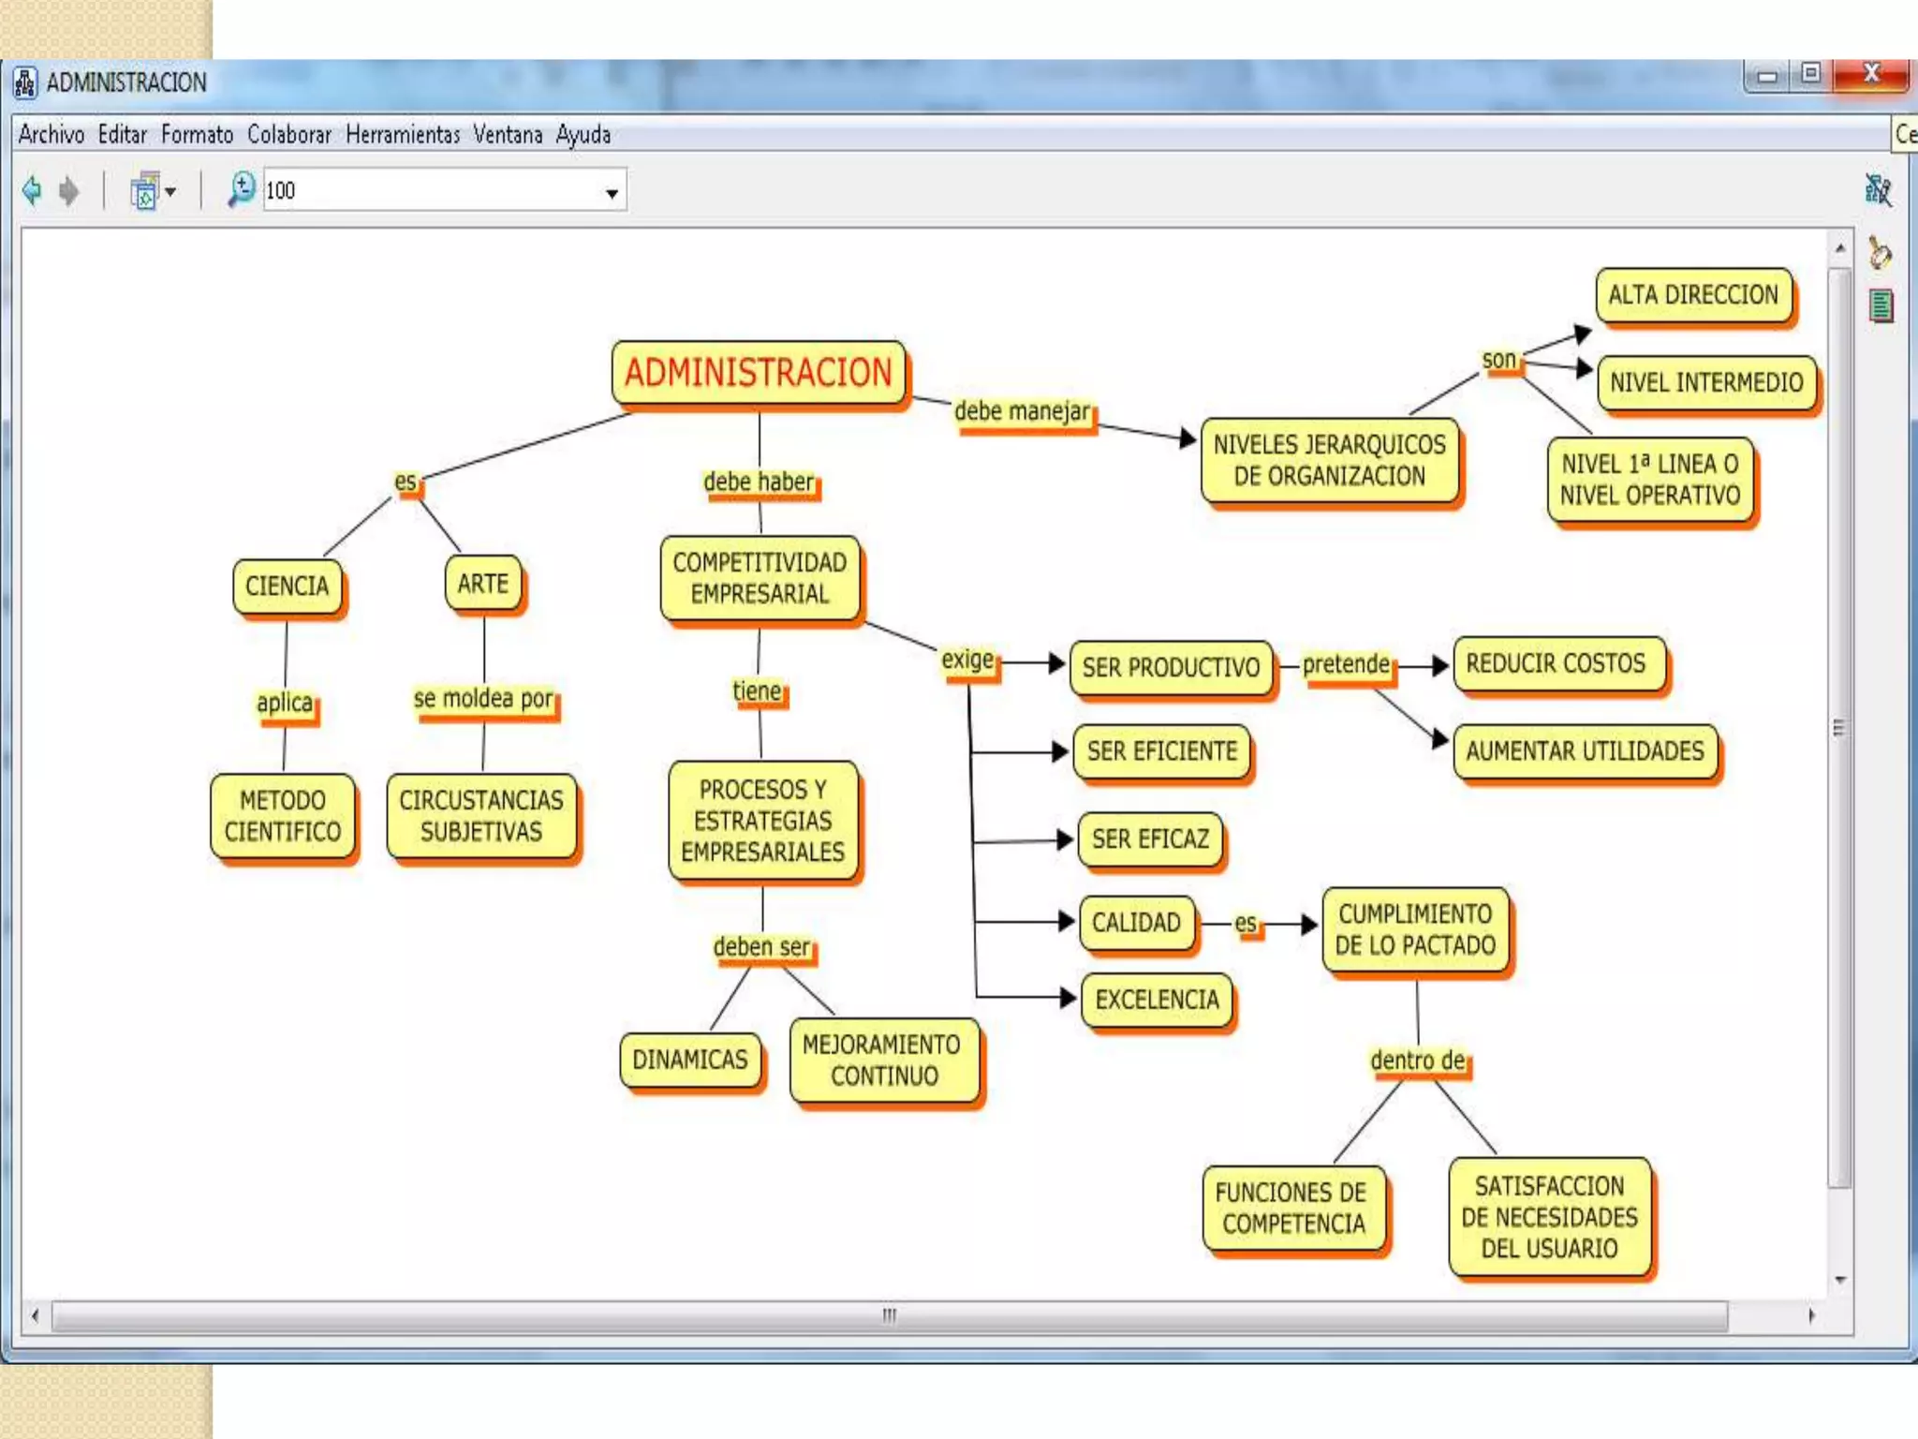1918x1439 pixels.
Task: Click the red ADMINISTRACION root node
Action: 758,373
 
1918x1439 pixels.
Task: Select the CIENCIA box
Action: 287,586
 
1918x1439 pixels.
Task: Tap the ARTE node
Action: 483,584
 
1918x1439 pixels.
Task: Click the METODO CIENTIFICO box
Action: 282,816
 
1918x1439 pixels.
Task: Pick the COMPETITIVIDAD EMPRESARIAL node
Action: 760,578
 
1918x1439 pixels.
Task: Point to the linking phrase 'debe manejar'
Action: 1022,411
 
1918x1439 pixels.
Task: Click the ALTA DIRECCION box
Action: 1693,295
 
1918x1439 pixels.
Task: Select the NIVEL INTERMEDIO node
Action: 1705,382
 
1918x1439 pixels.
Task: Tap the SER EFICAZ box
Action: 1150,839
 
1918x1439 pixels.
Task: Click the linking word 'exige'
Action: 967,660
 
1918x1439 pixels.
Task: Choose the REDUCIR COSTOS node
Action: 1556,663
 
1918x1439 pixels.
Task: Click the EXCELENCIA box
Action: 1157,1000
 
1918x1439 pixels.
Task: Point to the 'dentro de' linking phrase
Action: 1417,1061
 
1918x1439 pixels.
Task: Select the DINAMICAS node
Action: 689,1060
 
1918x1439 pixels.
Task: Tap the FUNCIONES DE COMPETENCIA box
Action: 1292,1209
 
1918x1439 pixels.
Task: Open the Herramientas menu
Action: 403,135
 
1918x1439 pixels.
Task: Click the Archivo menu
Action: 52,135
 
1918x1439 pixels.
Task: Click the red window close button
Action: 1870,74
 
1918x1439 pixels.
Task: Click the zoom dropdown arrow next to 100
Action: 612,193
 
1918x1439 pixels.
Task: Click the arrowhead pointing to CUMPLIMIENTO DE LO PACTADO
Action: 1308,925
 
